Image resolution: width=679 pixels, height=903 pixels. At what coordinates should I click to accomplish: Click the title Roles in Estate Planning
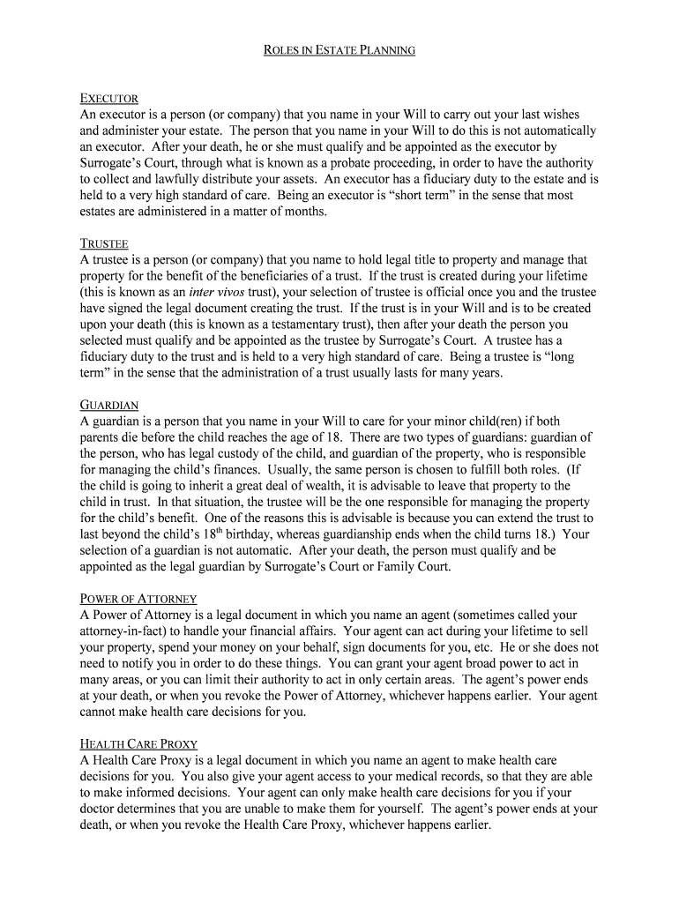tap(339, 50)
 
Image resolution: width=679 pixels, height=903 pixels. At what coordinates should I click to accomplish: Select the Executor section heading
tap(109, 98)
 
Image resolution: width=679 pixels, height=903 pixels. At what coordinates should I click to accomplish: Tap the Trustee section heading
tap(105, 243)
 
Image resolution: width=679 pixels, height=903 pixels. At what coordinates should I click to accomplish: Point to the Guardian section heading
tap(109, 405)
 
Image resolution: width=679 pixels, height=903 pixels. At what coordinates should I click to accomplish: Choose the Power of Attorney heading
tap(138, 599)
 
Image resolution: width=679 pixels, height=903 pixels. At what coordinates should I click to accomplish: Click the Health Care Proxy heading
tap(138, 743)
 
